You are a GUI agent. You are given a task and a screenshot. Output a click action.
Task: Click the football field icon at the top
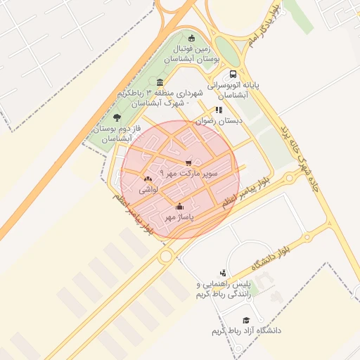point(192,38)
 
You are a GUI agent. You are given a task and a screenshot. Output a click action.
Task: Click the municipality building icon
point(160,82)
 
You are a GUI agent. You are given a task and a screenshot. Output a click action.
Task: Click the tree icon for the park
point(117,118)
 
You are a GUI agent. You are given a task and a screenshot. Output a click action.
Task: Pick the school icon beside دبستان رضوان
point(219,110)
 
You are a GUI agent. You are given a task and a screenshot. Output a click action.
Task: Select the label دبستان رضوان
point(219,121)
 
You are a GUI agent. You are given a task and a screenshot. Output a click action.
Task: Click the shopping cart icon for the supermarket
point(188,163)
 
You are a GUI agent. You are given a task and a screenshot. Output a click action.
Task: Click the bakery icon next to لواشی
point(148,179)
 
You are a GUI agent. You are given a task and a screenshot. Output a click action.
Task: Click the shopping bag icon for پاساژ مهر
point(180,206)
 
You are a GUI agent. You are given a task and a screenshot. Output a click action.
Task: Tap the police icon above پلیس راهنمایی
point(223,273)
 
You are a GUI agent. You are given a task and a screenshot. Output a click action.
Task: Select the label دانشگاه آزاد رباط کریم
point(246,330)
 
